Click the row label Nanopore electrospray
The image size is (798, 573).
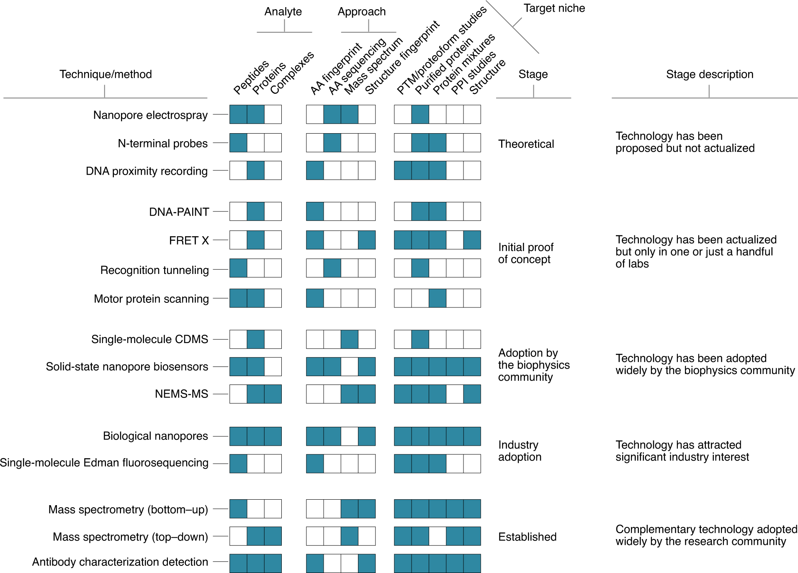150,115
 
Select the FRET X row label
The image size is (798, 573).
189,240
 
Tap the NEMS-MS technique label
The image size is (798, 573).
181,394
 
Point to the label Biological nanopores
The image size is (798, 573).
155,436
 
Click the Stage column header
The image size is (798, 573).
533,74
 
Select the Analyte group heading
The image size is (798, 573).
283,12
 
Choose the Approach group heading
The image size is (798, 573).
362,12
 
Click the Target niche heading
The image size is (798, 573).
554,8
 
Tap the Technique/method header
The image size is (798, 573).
106,74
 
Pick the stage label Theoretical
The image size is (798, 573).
526,144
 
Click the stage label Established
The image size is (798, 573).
527,537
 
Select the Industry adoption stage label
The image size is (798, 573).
520,451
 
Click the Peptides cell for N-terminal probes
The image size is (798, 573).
238,143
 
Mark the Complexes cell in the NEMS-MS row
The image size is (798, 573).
273,394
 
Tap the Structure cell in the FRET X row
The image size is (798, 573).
472,240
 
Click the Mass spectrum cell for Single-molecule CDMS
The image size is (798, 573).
350,339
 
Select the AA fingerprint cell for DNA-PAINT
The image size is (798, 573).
315,212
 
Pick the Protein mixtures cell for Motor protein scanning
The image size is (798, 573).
438,298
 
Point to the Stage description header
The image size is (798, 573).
710,74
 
